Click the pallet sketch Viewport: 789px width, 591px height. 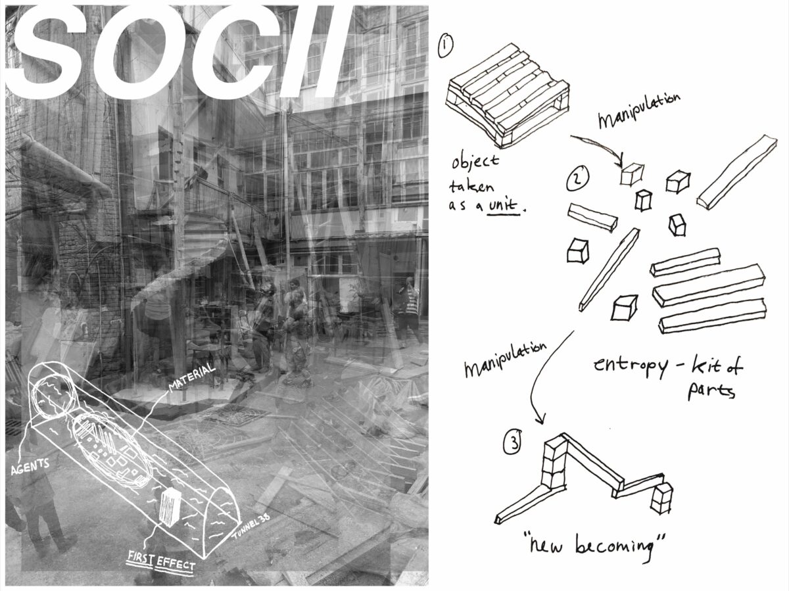pyautogui.click(x=508, y=95)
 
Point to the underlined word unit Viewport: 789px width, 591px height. pyautogui.click(x=503, y=206)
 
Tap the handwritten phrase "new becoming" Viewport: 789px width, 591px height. pyautogui.click(x=594, y=547)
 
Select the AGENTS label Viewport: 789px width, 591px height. pyautogui.click(x=30, y=466)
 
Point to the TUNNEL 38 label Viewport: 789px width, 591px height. pyautogui.click(x=251, y=527)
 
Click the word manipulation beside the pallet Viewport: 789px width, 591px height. pyautogui.click(x=638, y=110)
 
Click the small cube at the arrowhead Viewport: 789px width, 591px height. pyautogui.click(x=632, y=175)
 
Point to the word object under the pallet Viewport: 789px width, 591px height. pyautogui.click(x=475, y=163)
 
